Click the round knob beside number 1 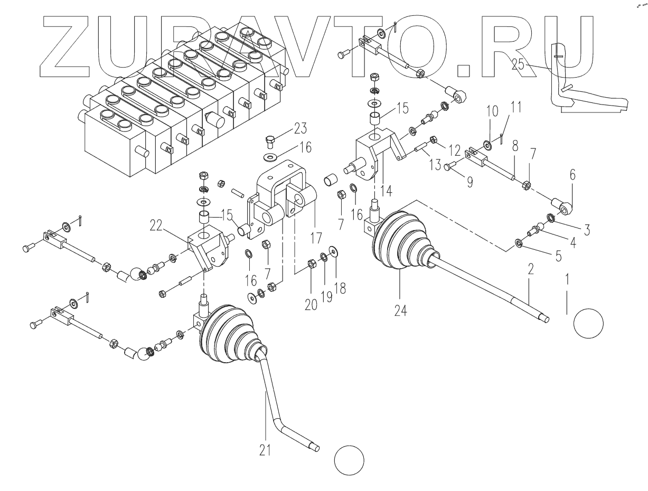click(x=588, y=323)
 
